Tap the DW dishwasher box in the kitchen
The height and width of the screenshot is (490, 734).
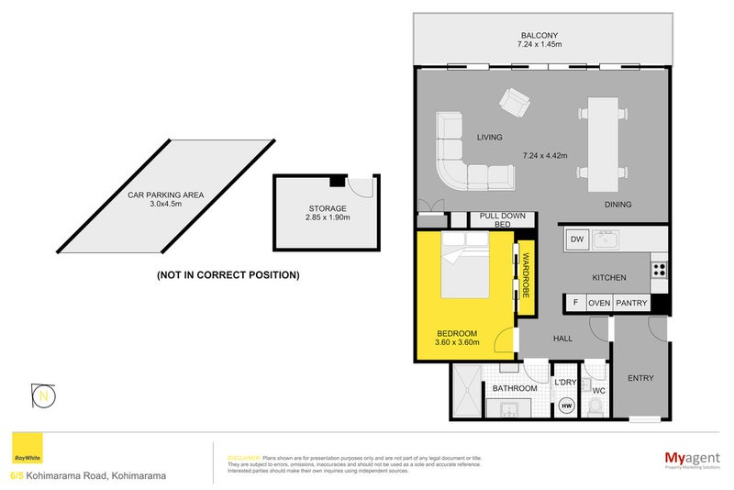576,240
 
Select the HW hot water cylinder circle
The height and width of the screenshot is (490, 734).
566,405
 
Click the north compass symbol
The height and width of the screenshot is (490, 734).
43,395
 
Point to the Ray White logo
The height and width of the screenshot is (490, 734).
28,451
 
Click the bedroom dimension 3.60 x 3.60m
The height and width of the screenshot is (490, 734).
459,343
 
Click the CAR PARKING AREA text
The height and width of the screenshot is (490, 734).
165,195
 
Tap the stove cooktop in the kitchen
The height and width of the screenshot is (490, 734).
658,270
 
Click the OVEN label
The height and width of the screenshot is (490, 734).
599,303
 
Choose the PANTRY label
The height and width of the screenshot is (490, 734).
632,303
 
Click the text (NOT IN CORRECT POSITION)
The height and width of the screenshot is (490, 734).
228,274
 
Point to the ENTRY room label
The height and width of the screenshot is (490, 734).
640,378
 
